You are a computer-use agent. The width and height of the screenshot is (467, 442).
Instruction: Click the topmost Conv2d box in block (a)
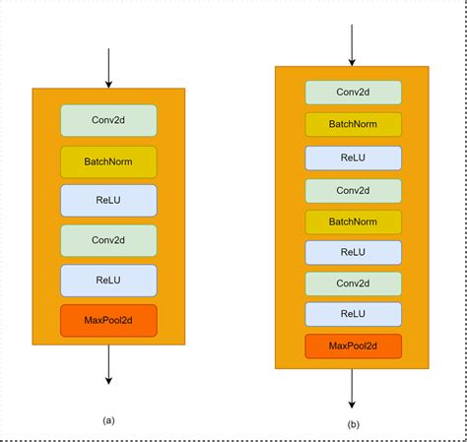(x=108, y=120)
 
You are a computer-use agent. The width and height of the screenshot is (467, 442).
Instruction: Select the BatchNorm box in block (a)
(x=108, y=161)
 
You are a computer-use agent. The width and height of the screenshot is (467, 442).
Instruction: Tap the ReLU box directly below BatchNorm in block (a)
(x=108, y=200)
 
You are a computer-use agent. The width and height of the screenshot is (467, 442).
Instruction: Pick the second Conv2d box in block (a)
(x=108, y=240)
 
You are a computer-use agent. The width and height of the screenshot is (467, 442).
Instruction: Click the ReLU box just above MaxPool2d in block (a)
(x=108, y=280)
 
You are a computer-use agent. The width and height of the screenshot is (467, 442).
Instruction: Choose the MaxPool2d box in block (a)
(x=108, y=320)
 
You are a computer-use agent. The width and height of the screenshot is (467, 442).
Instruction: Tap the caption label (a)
(x=108, y=420)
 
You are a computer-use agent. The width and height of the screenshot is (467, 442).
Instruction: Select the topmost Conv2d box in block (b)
(x=353, y=93)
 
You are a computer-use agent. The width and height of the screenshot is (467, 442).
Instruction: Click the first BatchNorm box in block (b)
(x=353, y=124)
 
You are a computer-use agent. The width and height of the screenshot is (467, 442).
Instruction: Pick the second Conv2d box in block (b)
(x=353, y=189)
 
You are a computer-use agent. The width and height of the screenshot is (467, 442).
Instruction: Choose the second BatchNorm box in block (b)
(x=353, y=221)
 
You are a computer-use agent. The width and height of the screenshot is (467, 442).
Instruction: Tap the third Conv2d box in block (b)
(x=353, y=284)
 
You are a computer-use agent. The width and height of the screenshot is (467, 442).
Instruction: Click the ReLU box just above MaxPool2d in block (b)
(x=353, y=315)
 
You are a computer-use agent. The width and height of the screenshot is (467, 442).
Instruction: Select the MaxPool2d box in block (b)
(x=353, y=347)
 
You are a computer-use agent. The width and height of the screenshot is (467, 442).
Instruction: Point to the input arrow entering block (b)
(x=353, y=44)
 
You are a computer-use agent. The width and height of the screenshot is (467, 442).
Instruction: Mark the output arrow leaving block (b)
(x=353, y=389)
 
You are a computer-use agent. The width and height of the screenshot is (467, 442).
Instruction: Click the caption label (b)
(x=353, y=424)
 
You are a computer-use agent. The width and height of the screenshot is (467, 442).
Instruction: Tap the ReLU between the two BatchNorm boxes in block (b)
(x=353, y=158)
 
